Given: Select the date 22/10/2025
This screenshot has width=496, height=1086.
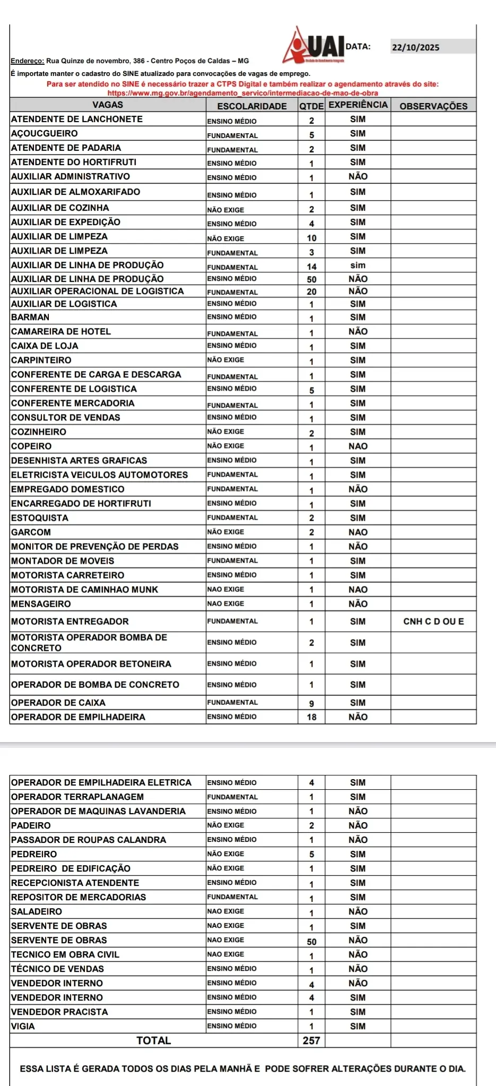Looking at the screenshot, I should click(x=415, y=47).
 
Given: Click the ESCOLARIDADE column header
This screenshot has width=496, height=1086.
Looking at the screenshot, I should click(x=252, y=106).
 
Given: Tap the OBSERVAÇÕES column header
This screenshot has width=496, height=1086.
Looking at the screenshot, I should click(x=433, y=106).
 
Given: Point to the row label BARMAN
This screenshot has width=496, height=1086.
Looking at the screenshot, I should click(x=30, y=317).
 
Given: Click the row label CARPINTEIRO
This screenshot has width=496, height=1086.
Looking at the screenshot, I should click(x=41, y=360).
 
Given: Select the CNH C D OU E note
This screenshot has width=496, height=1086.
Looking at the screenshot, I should click(x=433, y=622).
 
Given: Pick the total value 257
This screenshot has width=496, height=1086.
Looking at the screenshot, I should click(x=311, y=1041).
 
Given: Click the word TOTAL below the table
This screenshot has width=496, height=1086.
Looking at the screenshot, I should click(x=154, y=1041).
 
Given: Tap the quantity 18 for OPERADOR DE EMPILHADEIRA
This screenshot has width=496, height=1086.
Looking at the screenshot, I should click(x=311, y=717).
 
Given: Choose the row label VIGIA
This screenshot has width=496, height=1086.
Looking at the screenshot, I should click(x=23, y=1027).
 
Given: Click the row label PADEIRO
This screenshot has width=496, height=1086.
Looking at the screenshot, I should click(x=31, y=826).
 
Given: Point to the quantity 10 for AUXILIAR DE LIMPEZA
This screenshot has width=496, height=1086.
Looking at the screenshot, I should click(x=311, y=238).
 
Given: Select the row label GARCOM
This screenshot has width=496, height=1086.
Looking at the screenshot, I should click(x=31, y=532).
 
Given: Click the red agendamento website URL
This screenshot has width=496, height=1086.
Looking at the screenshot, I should click(x=243, y=93).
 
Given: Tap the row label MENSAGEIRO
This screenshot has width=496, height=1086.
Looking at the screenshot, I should click(x=41, y=604).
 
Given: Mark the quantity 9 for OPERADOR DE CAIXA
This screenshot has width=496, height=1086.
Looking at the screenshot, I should click(x=311, y=703).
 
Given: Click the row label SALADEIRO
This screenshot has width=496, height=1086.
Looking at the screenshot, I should click(x=37, y=912).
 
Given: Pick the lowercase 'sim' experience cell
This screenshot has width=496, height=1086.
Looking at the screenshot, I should click(x=358, y=265).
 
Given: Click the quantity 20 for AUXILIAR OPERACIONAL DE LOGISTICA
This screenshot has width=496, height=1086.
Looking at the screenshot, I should click(x=311, y=292).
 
